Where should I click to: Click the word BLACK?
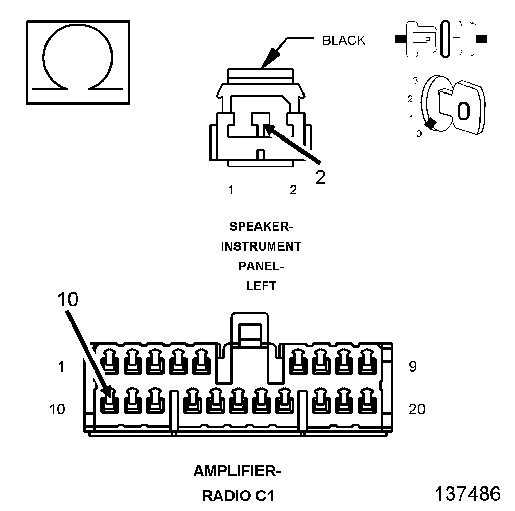tap(344, 40)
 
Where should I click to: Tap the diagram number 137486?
tap(467, 494)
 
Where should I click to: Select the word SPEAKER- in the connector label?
tap(261, 226)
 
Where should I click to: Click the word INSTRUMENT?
tap(261, 246)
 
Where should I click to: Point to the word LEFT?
tap(261, 286)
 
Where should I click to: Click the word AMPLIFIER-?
tap(237, 471)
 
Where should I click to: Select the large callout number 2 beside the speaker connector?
tap(320, 176)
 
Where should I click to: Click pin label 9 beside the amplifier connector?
tap(412, 367)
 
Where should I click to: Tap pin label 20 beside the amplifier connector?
tap(417, 409)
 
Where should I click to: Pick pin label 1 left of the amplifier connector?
tap(61, 367)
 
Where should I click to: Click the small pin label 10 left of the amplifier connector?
tap(57, 409)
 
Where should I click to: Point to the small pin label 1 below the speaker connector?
tap(231, 190)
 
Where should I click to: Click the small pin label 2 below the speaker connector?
tap(293, 190)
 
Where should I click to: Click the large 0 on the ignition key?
tap(463, 110)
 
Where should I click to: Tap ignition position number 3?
tap(416, 80)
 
